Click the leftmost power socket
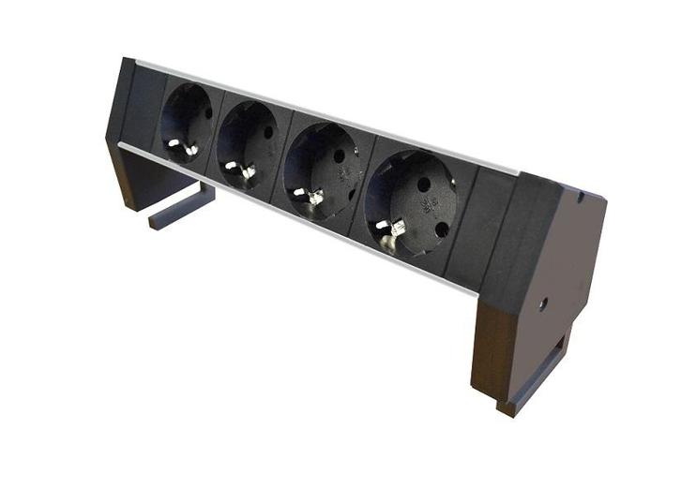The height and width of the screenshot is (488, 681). tap(187, 122)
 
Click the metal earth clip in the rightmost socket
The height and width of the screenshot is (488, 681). tap(393, 230)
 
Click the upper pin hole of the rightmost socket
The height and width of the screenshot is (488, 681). tap(424, 185)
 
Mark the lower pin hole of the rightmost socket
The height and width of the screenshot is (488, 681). tap(441, 229)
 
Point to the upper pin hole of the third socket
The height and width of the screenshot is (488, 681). tap(339, 155)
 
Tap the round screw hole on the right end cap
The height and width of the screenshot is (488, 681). tap(543, 303)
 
